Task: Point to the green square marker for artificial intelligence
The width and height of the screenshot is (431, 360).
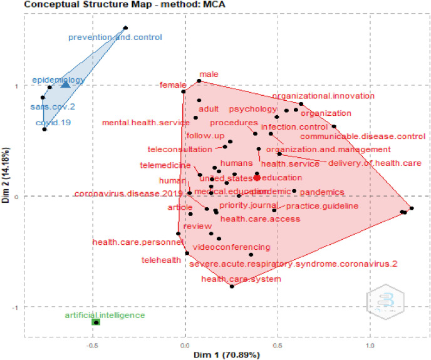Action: (x=96, y=322)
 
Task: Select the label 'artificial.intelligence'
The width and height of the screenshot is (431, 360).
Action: (x=104, y=315)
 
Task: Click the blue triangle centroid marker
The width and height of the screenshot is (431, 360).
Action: (x=65, y=84)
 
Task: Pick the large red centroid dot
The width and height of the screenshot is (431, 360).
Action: (x=257, y=178)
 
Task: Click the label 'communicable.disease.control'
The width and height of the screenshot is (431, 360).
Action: (x=363, y=136)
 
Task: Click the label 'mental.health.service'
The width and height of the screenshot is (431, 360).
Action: (x=141, y=122)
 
